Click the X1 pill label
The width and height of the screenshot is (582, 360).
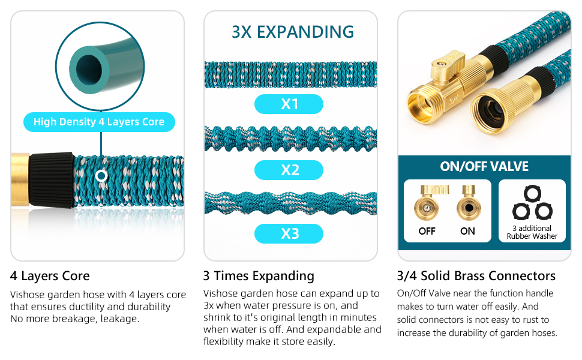(x=289, y=104)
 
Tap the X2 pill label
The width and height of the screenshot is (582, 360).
(x=289, y=170)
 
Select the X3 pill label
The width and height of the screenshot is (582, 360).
(x=289, y=234)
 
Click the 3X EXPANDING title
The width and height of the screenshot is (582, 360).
(x=292, y=32)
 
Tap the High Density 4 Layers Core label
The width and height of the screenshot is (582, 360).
(x=99, y=122)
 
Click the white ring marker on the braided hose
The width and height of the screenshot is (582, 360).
(x=101, y=176)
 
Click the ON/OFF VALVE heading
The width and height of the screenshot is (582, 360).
(x=484, y=166)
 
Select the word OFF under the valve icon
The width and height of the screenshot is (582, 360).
(x=427, y=231)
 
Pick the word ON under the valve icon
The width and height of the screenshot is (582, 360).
(x=467, y=231)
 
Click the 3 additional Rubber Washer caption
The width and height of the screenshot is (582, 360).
(x=532, y=232)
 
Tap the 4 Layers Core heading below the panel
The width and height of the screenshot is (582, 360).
(x=50, y=276)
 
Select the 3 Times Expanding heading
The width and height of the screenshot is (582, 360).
(x=259, y=276)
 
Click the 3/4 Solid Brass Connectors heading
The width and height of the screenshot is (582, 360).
(x=476, y=276)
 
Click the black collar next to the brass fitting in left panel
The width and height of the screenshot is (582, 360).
(x=51, y=179)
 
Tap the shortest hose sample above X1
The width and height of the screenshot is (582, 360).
(x=290, y=74)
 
